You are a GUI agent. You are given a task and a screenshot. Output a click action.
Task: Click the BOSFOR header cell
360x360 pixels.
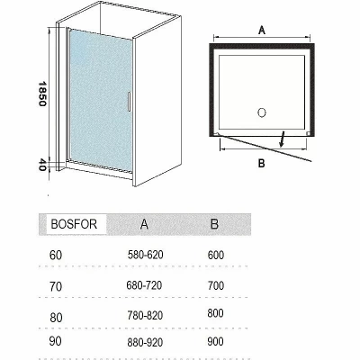74,224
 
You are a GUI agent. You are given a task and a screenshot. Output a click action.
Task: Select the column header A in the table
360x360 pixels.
144,224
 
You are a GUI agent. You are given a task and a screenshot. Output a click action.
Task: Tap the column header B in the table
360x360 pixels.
214,224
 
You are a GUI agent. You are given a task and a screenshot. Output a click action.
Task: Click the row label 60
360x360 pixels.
56,255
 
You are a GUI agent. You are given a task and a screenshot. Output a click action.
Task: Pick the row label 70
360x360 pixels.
56,286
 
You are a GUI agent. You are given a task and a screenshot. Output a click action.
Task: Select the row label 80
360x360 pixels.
56,318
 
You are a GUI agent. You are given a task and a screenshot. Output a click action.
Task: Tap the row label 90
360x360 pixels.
55,340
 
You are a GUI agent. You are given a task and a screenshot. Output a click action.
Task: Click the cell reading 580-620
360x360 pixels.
146,255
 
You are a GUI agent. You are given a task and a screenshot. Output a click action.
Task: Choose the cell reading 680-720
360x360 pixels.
144,285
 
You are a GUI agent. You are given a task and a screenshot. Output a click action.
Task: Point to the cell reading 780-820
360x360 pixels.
145,315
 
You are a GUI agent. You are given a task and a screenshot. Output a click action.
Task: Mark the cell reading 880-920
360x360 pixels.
145,342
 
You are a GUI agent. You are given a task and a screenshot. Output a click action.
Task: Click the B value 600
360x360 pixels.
216,255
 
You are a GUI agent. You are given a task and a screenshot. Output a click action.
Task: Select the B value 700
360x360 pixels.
216,285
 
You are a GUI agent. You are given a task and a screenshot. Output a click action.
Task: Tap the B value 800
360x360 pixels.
215,313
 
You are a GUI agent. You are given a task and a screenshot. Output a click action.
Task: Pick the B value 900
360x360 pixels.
215,341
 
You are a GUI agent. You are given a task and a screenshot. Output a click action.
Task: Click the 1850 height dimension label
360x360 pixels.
42,94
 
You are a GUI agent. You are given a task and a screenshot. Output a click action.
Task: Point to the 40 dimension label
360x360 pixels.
42,165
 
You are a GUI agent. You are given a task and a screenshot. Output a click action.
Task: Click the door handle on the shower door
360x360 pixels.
129,102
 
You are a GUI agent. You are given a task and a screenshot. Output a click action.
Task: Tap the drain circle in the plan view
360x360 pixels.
262,112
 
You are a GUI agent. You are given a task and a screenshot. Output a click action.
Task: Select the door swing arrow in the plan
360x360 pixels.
283,139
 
